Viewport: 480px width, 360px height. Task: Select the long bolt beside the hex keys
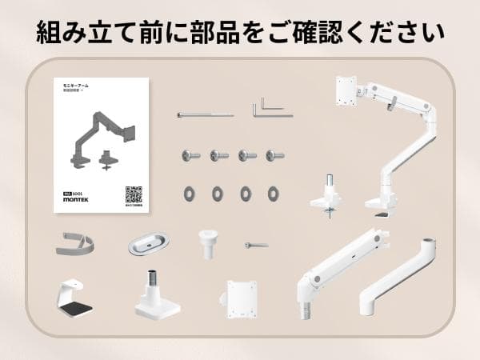[205, 115]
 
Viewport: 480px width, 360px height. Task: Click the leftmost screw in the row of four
[192, 154]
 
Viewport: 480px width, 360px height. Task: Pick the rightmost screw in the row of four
[274, 154]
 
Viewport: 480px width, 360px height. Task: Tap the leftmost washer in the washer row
[191, 193]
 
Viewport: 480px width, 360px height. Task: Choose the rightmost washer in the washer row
[274, 193]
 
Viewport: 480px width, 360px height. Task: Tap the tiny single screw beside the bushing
[257, 245]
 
